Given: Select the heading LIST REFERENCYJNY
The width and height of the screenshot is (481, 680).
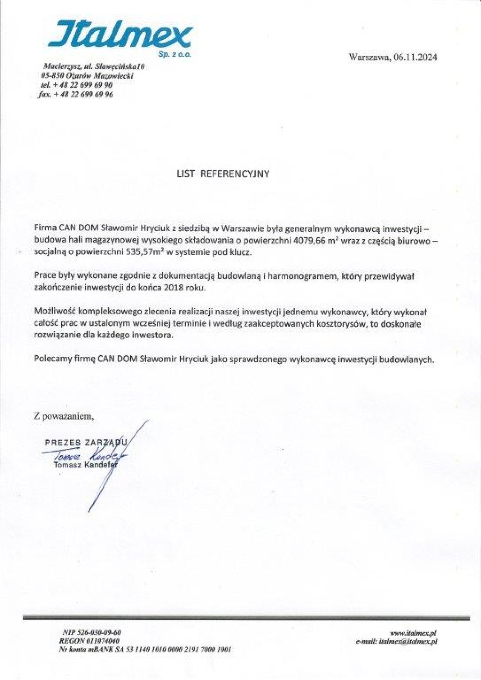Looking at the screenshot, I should (x=223, y=174).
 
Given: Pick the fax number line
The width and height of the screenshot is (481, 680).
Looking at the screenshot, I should (x=76, y=94).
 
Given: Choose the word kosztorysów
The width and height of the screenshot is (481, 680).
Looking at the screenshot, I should (x=340, y=324).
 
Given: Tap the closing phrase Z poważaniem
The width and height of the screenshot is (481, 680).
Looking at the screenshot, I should (x=64, y=417).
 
